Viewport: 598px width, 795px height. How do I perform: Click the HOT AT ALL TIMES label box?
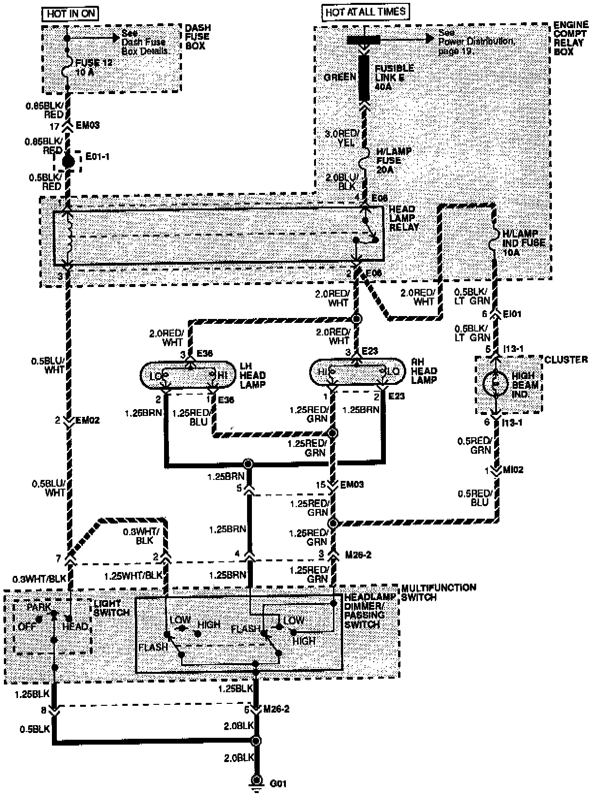click(x=365, y=12)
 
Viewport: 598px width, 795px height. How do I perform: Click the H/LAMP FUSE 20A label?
click(x=394, y=160)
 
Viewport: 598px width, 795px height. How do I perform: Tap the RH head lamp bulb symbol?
click(x=357, y=372)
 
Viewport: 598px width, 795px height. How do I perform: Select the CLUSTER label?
click(x=565, y=360)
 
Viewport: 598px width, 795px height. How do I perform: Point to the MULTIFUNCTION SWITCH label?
click(x=438, y=592)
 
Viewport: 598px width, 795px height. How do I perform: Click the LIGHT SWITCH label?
click(x=112, y=608)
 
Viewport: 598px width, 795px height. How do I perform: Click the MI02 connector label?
click(x=513, y=470)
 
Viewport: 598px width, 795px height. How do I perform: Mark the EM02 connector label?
click(x=87, y=420)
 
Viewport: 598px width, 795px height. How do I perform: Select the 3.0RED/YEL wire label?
click(x=343, y=138)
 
